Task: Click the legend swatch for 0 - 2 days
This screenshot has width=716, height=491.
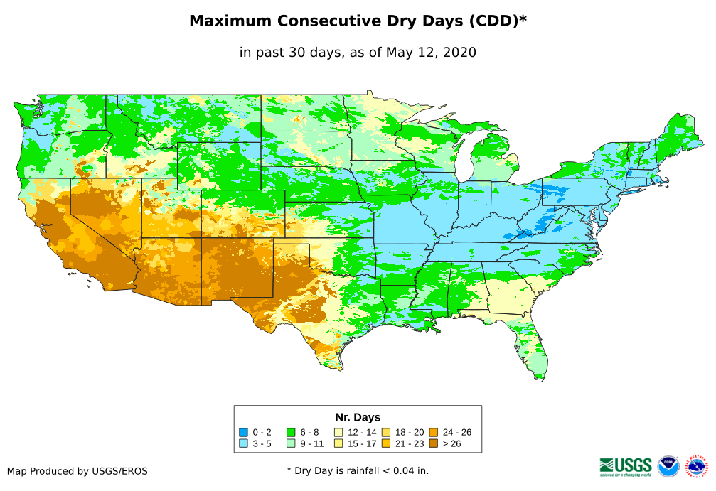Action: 243,432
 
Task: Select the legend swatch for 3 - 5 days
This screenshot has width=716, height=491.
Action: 243,443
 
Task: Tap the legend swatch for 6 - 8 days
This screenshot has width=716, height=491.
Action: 291,432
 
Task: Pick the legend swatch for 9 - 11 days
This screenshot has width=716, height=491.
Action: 291,443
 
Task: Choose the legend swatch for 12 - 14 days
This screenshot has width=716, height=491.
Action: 338,432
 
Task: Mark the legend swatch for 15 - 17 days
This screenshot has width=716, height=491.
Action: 338,443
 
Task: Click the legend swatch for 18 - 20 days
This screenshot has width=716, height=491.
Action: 386,432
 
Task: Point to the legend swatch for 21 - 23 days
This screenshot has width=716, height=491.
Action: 386,443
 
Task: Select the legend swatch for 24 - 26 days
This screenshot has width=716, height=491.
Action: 433,432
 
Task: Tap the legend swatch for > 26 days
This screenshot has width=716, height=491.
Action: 433,443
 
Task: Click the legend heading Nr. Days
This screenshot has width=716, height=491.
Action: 358,417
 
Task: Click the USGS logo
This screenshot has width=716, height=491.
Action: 626,466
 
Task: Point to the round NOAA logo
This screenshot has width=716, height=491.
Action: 668,466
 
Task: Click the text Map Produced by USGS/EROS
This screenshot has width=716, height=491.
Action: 78,471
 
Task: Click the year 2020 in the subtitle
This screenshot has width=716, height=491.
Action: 459,52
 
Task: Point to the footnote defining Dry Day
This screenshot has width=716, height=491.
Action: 358,470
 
